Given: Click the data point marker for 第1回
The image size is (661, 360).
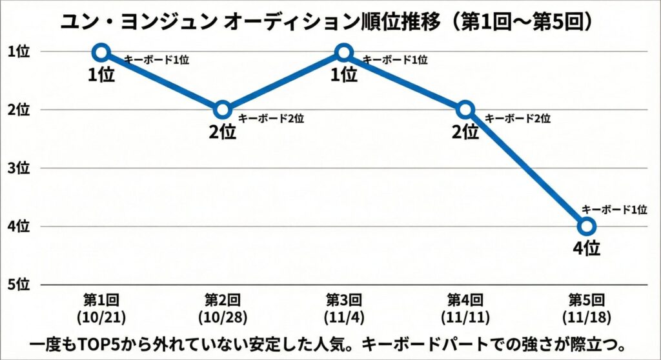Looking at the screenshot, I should point(101,52).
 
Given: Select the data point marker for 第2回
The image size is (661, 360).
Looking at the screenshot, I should point(222,109).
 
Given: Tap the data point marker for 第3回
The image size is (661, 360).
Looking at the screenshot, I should point(344,52).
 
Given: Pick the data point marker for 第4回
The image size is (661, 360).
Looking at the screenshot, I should point(465,109).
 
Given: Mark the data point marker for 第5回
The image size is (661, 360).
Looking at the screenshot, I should point(586,226).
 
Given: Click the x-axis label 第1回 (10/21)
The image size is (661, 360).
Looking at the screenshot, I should point(101,308).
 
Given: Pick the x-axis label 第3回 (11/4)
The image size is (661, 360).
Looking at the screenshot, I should point(344,308).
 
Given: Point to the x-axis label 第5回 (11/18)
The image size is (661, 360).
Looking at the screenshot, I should point(586,308).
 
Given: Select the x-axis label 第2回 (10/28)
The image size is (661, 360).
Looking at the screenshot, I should point(222,308).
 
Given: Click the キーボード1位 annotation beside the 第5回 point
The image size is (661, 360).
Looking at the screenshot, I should point(613,209).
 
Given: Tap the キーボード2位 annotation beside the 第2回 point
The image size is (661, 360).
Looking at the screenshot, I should point(271,119).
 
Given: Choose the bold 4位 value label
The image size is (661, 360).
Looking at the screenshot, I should point(587,248).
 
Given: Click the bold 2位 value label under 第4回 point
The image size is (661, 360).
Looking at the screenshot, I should point(465,132).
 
